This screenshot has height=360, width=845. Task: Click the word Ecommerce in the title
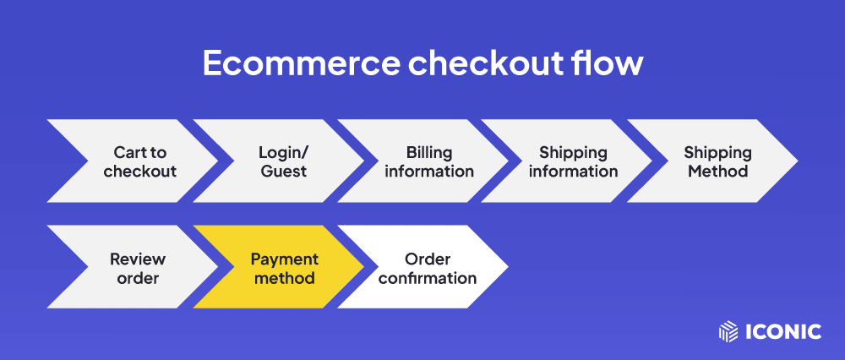coord(301,63)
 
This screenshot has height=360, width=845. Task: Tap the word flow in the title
coord(613,63)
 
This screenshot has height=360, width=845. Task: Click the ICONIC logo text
coord(783,331)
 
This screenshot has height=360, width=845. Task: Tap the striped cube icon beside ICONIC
coord(728,331)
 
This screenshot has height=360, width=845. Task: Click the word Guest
coord(283,172)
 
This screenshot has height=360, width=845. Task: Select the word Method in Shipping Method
coord(717,172)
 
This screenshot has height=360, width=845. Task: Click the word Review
coord(138,259)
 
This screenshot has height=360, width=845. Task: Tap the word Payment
coord(285,259)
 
